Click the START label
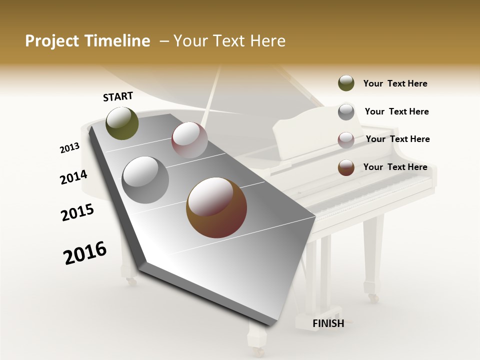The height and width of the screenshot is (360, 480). [118, 96]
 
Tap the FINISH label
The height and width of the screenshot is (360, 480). [328, 323]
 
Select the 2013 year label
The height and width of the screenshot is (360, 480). [69, 147]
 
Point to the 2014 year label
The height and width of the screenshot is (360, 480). [73, 177]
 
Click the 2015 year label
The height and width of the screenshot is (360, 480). [77, 212]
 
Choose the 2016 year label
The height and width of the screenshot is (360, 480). [85, 253]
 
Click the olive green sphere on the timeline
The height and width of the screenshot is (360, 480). [122, 123]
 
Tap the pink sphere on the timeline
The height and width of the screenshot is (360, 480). [189, 140]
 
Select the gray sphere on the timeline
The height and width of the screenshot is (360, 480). [145, 180]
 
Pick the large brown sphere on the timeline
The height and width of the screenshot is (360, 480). [216, 207]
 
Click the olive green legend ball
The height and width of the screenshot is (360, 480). [346, 83]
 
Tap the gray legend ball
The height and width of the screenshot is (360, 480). [346, 111]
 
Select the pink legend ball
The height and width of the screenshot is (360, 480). [346, 139]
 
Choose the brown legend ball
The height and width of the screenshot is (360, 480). [346, 167]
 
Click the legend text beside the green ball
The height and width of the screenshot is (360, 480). [395, 83]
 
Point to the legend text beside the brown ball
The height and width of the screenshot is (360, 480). [395, 167]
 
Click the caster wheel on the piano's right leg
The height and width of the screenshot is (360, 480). [373, 298]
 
